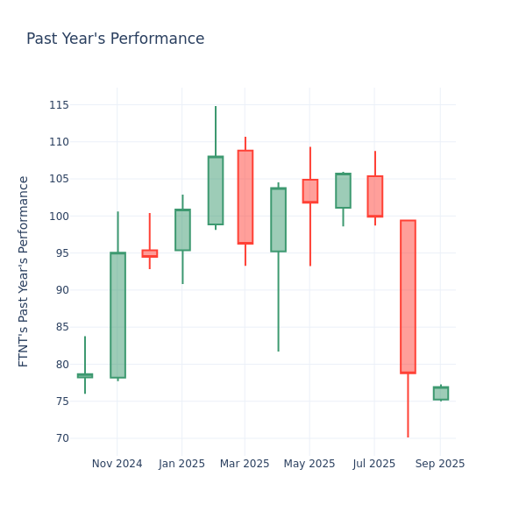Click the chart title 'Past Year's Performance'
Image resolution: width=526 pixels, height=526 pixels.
[x=115, y=39]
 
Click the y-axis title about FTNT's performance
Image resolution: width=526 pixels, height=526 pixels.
[x=24, y=271]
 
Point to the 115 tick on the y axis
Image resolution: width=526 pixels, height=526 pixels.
[x=59, y=105]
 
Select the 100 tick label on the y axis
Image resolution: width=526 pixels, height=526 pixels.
[x=59, y=217]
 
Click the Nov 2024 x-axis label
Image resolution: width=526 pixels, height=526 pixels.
[x=117, y=464]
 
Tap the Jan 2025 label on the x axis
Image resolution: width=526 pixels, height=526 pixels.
[x=181, y=464]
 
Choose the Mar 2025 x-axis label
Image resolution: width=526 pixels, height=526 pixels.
[x=245, y=464]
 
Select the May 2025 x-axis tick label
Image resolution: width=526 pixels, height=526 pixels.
[x=309, y=464]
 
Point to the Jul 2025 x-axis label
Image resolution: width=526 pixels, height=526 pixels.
[x=374, y=464]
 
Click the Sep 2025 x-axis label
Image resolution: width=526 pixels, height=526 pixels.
[x=440, y=464]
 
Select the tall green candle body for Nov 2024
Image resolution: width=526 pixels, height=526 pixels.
[x=117, y=315]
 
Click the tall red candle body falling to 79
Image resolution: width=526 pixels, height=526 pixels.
[x=408, y=296]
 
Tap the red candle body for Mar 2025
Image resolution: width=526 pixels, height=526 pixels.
[x=245, y=196]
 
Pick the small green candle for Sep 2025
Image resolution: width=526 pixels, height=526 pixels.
[x=440, y=393]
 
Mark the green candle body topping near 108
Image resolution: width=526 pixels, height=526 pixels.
[x=216, y=190]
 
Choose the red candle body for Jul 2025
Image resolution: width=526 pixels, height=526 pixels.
[x=375, y=195]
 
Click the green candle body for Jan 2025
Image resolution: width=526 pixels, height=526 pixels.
[x=182, y=230]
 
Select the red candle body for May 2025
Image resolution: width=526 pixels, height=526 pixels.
[x=310, y=191]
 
